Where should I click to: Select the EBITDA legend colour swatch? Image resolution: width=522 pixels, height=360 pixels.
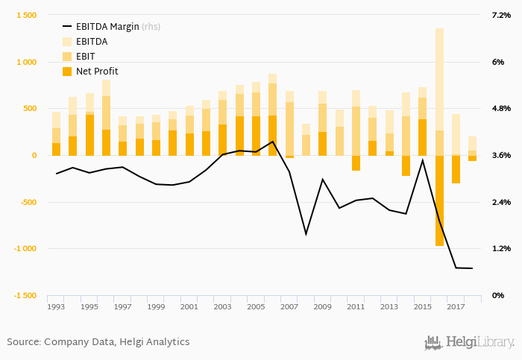coord(66,42)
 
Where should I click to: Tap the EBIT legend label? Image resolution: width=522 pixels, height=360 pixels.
coord(87,57)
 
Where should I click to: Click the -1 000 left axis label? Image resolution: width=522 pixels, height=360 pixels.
coord(24,249)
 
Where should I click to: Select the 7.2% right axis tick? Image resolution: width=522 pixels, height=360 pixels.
coord(500,16)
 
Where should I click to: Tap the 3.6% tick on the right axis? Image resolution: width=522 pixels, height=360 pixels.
coord(500,156)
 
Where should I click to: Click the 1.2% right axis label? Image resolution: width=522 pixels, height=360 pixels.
coord(500,249)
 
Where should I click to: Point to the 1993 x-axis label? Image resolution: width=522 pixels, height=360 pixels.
coord(56,306)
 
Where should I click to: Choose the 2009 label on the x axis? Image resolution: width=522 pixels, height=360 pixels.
coord(321,306)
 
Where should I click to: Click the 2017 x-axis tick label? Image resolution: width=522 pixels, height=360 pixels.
coord(455,306)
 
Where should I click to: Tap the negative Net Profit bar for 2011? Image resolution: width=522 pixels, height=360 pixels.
coord(356,163)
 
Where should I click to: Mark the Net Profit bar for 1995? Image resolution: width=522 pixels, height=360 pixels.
coord(89,135)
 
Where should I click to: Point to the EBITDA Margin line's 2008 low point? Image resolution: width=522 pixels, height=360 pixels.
coord(306,234)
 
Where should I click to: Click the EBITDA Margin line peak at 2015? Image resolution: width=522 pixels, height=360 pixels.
coord(422,160)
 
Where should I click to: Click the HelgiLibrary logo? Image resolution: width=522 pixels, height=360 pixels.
coord(470,343)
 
